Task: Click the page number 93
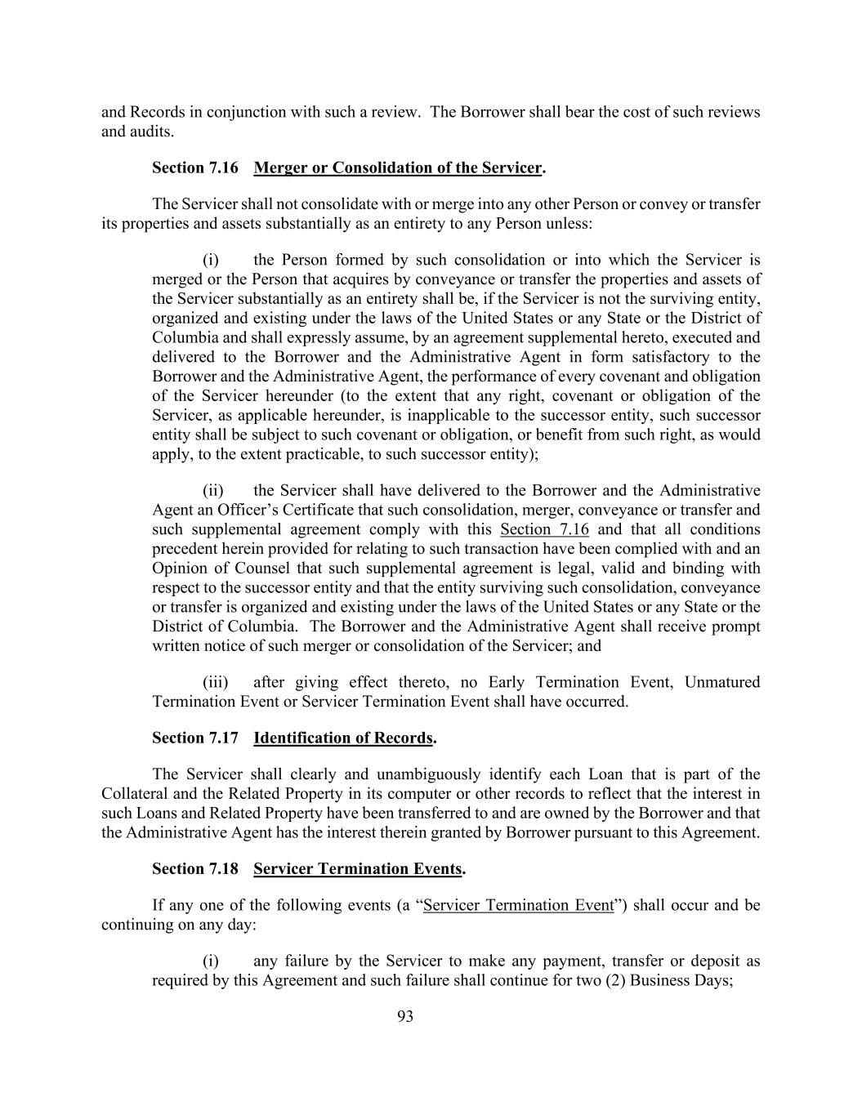(x=405, y=1016)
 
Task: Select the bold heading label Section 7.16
(x=194, y=167)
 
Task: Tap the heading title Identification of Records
(x=342, y=738)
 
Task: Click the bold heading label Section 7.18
(x=194, y=868)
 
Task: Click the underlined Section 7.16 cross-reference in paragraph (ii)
(x=544, y=529)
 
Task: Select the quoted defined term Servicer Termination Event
(x=518, y=905)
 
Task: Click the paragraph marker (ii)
(x=213, y=490)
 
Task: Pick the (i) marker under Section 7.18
(x=211, y=961)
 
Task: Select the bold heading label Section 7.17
(x=194, y=738)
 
